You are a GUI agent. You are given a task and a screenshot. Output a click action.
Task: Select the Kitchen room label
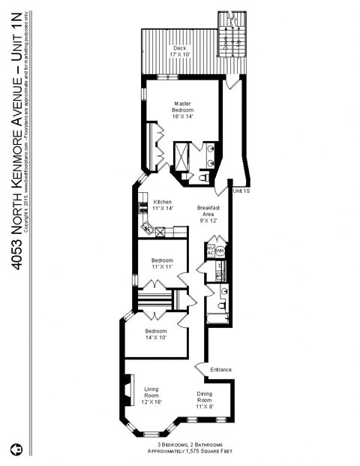163,205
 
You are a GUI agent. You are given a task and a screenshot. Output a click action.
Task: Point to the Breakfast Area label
208,214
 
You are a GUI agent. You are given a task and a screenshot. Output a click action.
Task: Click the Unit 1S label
241,192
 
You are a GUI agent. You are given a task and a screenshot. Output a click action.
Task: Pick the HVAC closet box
211,249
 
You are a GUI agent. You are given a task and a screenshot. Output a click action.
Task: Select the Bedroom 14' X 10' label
155,334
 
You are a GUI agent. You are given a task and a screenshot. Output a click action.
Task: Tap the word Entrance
220,369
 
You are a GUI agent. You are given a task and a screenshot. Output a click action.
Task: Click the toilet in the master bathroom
206,178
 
